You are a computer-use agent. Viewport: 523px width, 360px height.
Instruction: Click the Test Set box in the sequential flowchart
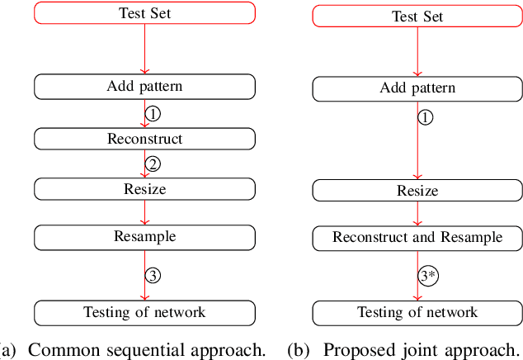pos(144,13)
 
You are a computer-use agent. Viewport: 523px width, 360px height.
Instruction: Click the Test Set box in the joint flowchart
pos(417,16)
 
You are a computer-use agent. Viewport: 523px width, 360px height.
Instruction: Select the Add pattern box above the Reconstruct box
pos(144,86)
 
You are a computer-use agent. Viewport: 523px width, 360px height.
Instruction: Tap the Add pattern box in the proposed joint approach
pos(417,88)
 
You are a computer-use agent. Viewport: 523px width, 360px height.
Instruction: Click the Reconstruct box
pos(144,138)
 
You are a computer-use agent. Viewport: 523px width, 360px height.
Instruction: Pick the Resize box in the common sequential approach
pos(144,189)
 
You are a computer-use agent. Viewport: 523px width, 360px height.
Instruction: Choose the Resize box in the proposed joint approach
pos(417,191)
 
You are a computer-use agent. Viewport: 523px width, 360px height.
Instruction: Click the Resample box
pos(144,236)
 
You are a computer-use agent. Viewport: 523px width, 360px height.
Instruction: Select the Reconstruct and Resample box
pos(417,237)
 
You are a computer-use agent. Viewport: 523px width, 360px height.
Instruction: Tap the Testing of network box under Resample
pos(144,311)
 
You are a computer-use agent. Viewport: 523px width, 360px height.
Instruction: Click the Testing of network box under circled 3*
pos(417,312)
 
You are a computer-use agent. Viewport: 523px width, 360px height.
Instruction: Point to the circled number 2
pos(152,163)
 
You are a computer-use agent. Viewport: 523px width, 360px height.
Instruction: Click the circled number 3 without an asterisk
pos(152,275)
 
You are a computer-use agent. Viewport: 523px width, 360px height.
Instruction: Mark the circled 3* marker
pos(426,276)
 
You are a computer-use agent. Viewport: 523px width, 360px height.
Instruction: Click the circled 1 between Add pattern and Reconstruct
pos(152,112)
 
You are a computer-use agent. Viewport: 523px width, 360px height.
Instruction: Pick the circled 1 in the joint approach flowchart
pos(425,117)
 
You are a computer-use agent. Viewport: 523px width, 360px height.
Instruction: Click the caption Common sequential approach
pos(136,349)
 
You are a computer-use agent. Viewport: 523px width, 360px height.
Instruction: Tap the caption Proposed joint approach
pos(404,349)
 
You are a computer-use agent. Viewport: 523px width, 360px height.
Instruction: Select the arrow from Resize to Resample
pos(144,212)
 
